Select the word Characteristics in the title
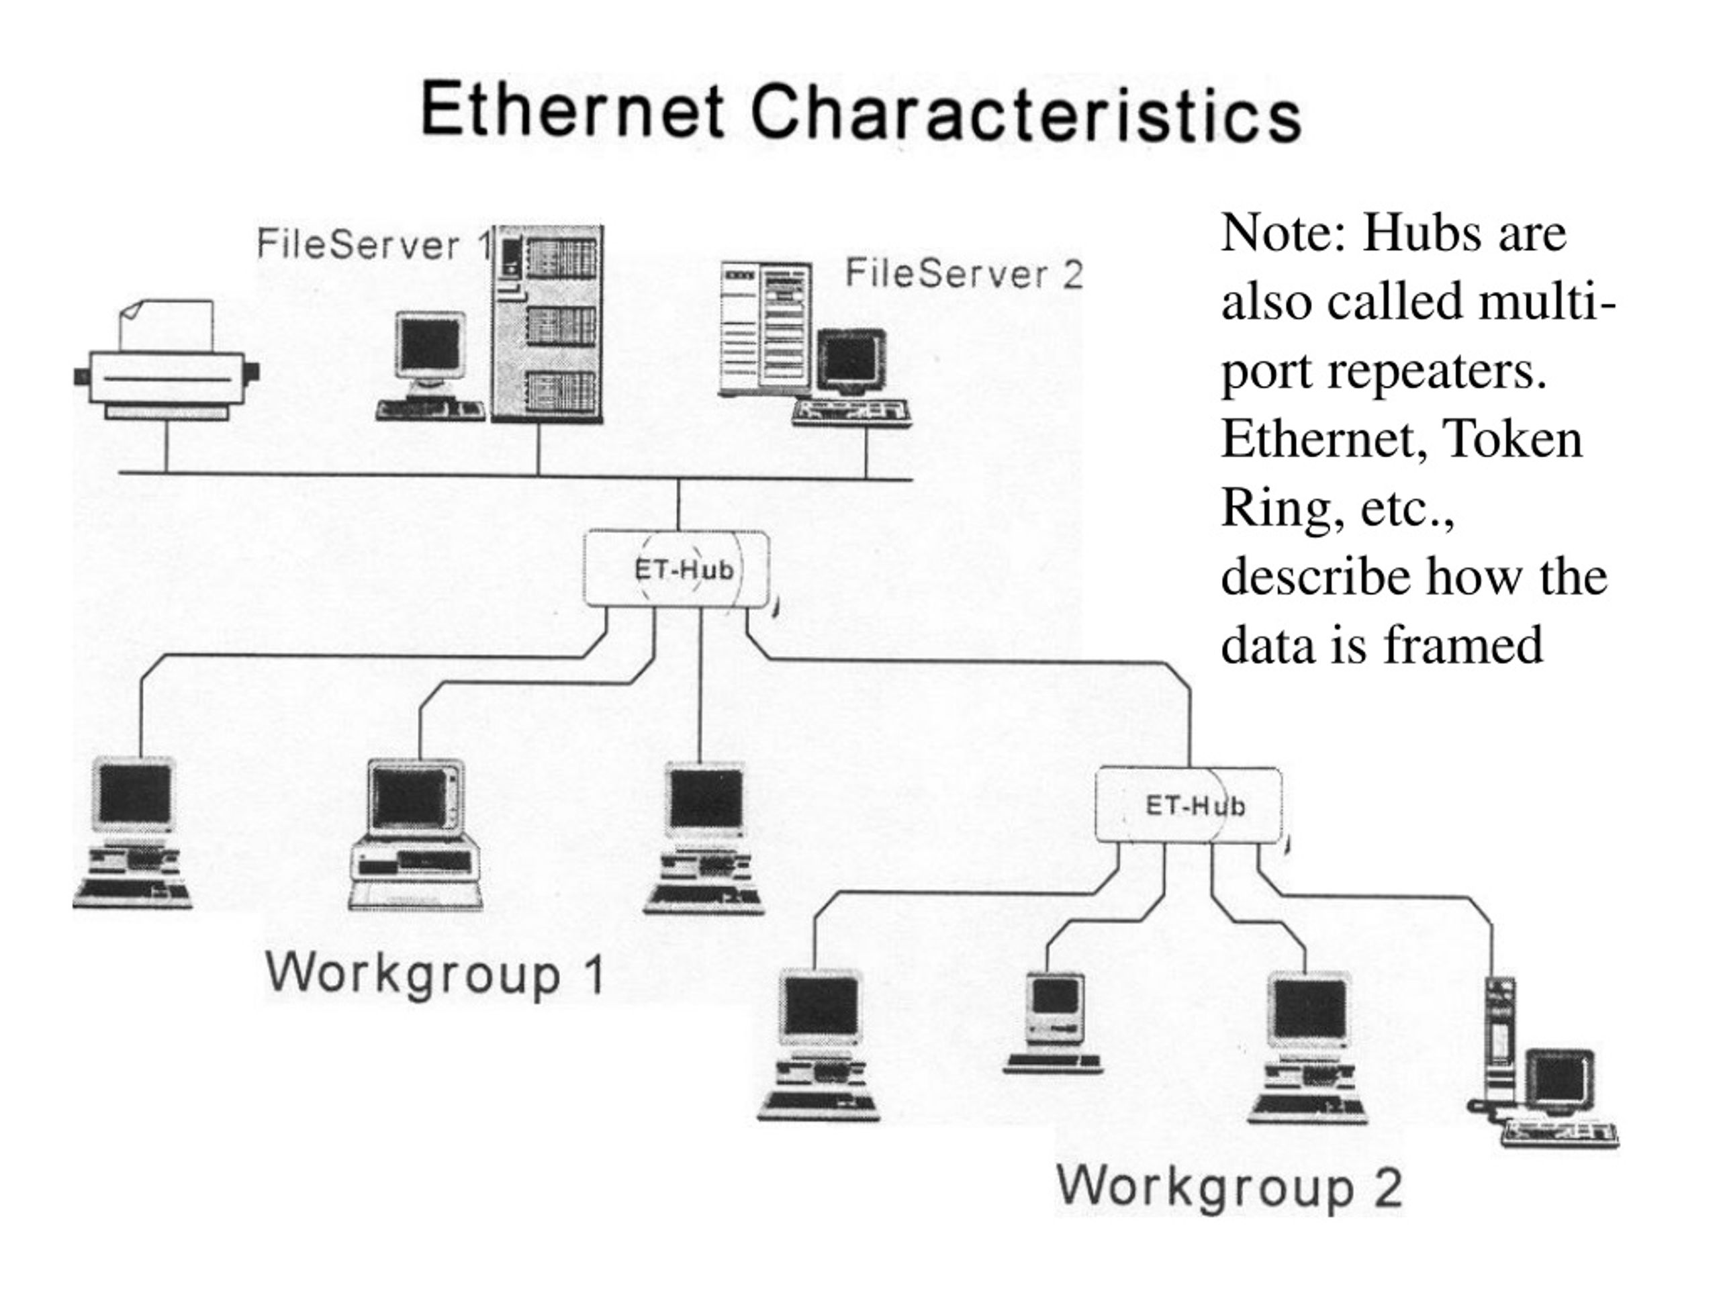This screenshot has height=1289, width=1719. point(1025,114)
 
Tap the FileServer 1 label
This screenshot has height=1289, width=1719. point(374,245)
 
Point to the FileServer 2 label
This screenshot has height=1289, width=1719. point(964,273)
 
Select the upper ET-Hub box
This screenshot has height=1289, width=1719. point(677,569)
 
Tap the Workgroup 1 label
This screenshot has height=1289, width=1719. point(435,973)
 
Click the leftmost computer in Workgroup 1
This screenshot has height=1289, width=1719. point(134,831)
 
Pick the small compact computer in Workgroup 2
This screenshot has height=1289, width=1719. point(1054,1021)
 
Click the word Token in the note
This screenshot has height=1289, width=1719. point(1512,439)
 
